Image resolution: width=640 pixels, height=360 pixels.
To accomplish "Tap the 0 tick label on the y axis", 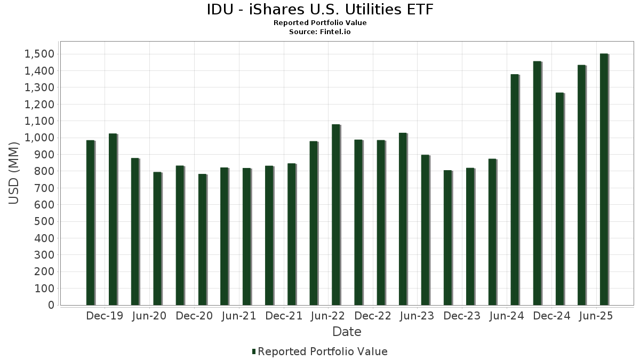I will coord(51,305).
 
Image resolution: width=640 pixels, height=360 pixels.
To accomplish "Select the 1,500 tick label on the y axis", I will coord(38,54).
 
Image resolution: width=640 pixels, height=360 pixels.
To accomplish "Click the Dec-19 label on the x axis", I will coord(105,316).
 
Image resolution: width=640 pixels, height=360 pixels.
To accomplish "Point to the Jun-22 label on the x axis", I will coord(327,316).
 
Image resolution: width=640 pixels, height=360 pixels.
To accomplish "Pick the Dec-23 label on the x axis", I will coord(462,316).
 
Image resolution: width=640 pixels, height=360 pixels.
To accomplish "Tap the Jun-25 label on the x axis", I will coord(596,316).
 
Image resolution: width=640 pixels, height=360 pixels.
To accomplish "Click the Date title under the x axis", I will coord(347,332).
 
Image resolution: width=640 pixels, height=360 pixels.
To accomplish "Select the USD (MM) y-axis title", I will coord(14,173).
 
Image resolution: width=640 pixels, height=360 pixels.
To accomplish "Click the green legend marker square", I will coord(254,351).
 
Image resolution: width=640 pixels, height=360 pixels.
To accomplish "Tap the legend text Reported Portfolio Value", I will coord(323,351).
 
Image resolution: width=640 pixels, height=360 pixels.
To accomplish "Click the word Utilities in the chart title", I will coord(362,10).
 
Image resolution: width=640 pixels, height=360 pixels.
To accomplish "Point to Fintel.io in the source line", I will coord(335,31).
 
